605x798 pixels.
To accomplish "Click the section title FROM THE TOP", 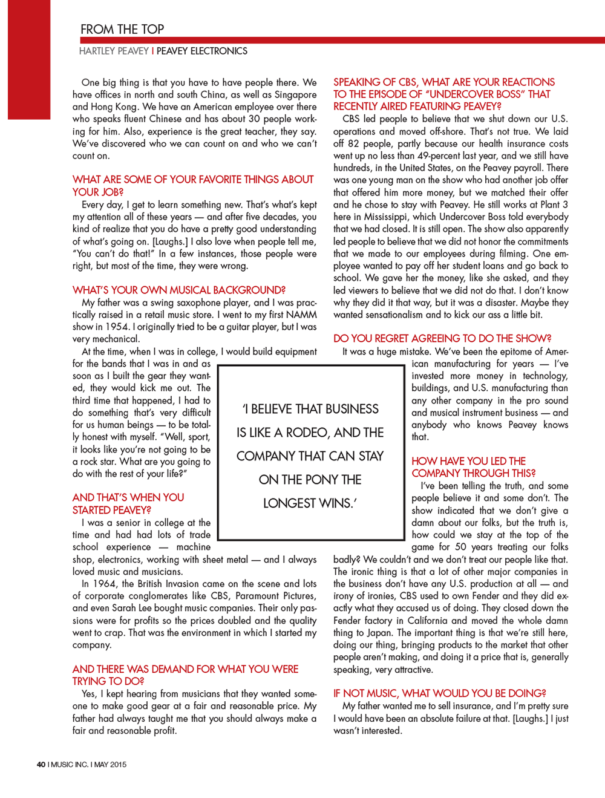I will pos(122,29).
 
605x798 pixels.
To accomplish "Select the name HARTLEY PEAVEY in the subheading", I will pos(114,51).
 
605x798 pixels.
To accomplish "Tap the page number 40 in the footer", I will pos(41,765).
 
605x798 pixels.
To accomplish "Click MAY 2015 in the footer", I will pos(111,765).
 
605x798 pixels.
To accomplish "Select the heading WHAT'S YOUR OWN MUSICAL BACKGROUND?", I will pos(179,290).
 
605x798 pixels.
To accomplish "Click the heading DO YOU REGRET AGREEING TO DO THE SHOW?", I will pos(442,339).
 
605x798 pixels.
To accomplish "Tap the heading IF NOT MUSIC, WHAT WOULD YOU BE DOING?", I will pos(440,693).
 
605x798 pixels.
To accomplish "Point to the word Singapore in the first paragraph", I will pos(295,95).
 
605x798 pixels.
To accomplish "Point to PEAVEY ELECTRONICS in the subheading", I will pos(202,51).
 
